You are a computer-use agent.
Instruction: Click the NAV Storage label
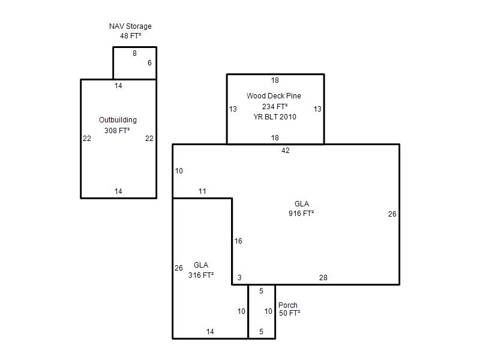pyautogui.click(x=130, y=26)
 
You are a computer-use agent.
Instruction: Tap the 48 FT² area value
pyautogui.click(x=130, y=36)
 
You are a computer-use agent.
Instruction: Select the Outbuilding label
pyautogui.click(x=118, y=120)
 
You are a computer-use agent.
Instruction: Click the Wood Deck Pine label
pyautogui.click(x=274, y=96)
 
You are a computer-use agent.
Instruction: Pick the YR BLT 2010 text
pyautogui.click(x=275, y=117)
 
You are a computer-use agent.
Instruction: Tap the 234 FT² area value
pyautogui.click(x=275, y=107)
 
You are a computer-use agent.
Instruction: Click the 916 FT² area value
pyautogui.click(x=301, y=214)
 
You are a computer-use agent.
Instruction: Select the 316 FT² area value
pyautogui.click(x=201, y=275)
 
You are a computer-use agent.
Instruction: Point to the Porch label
pyautogui.click(x=288, y=305)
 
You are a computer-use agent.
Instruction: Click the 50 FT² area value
pyautogui.click(x=289, y=313)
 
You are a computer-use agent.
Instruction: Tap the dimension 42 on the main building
pyautogui.click(x=286, y=151)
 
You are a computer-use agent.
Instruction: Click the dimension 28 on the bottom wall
pyautogui.click(x=323, y=277)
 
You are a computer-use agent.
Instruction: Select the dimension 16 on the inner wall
pyautogui.click(x=238, y=241)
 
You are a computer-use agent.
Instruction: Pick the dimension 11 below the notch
pyautogui.click(x=202, y=191)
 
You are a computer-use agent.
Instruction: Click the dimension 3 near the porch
pyautogui.click(x=239, y=277)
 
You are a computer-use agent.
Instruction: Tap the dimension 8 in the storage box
pyautogui.click(x=134, y=53)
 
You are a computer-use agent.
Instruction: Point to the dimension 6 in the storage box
pyautogui.click(x=149, y=63)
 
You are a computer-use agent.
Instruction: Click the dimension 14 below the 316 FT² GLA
pyautogui.click(x=210, y=331)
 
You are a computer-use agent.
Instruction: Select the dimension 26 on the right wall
pyautogui.click(x=392, y=214)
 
